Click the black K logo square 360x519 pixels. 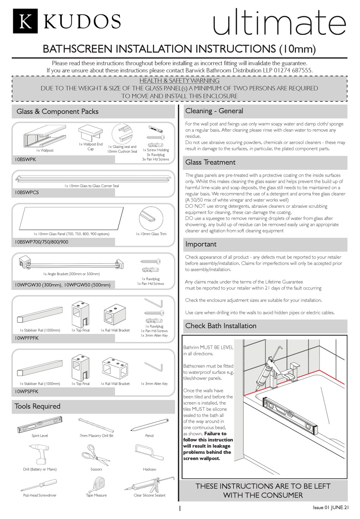coord(25,22)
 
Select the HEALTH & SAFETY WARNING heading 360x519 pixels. coord(179,80)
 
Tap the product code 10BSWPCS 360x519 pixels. coord(27,193)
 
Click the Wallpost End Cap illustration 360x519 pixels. coord(91,133)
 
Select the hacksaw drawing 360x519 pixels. coord(149,452)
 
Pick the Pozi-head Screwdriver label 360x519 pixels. coord(40,495)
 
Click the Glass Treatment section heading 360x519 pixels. coord(210,162)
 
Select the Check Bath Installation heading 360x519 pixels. coord(221,326)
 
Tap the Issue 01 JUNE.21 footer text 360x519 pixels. coord(330,508)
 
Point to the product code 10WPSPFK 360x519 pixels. coord(27,392)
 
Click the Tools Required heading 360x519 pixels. coord(38,406)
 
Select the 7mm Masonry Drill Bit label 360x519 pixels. coord(96,436)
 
